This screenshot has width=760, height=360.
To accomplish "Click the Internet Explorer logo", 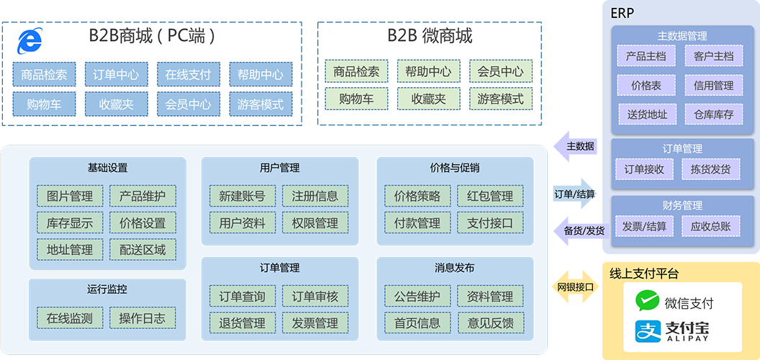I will [30, 41].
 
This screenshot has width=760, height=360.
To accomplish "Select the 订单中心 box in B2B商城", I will [116, 74].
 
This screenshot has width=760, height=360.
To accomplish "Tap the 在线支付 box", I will [188, 74].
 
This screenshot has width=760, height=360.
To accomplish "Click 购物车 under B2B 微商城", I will [356, 99].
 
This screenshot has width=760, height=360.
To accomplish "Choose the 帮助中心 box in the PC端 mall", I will [260, 74].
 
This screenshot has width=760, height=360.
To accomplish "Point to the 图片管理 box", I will [70, 196].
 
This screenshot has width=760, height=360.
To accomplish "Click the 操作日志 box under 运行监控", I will [142, 318].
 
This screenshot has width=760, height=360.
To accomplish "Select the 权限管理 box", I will [315, 223].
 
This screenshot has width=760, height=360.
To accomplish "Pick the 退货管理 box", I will [243, 323].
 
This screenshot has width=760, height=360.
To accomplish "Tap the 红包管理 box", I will [490, 196].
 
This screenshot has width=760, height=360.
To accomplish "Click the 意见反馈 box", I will [490, 323].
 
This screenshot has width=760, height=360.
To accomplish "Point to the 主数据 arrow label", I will [580, 146].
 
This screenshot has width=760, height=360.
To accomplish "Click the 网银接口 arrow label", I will [576, 287].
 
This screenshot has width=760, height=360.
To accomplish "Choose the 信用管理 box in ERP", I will [713, 85].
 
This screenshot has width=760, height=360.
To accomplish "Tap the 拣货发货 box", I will [710, 169].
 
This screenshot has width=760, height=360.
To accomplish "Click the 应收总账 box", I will [710, 226].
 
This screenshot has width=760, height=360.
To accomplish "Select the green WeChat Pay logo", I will [647, 302].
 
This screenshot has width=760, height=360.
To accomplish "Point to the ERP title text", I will [622, 13].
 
